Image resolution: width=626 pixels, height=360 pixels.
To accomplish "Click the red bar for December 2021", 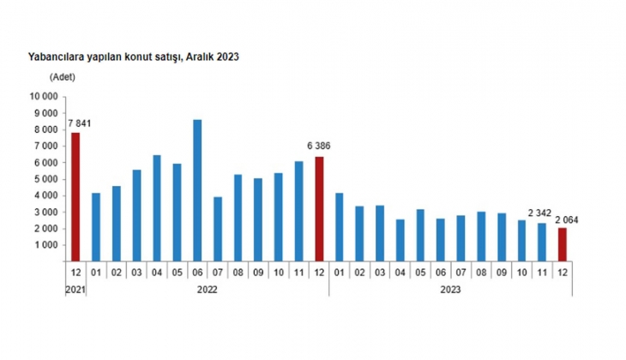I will tap(75, 197).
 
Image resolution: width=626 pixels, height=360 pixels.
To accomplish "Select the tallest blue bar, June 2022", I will tap(197, 190).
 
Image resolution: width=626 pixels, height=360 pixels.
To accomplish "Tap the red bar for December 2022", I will tap(319, 209).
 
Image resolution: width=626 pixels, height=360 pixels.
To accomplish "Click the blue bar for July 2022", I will tap(218, 229).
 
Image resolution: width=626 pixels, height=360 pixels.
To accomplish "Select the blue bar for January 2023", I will tap(340, 227).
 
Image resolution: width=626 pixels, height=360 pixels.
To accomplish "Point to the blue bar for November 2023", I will tap(542, 242).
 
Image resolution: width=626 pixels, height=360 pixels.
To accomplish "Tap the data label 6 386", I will tap(319, 147).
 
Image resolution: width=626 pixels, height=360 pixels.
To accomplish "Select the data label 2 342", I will tap(539, 213).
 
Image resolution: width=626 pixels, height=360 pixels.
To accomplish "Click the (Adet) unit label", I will tap(63, 77).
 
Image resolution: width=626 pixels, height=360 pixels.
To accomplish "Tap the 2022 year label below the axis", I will tap(207, 290).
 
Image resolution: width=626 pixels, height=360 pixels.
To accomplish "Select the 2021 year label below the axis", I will tap(75, 290).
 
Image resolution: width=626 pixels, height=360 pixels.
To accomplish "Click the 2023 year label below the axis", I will tap(450, 290).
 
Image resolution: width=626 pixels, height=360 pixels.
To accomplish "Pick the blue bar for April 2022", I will tap(157, 208).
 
